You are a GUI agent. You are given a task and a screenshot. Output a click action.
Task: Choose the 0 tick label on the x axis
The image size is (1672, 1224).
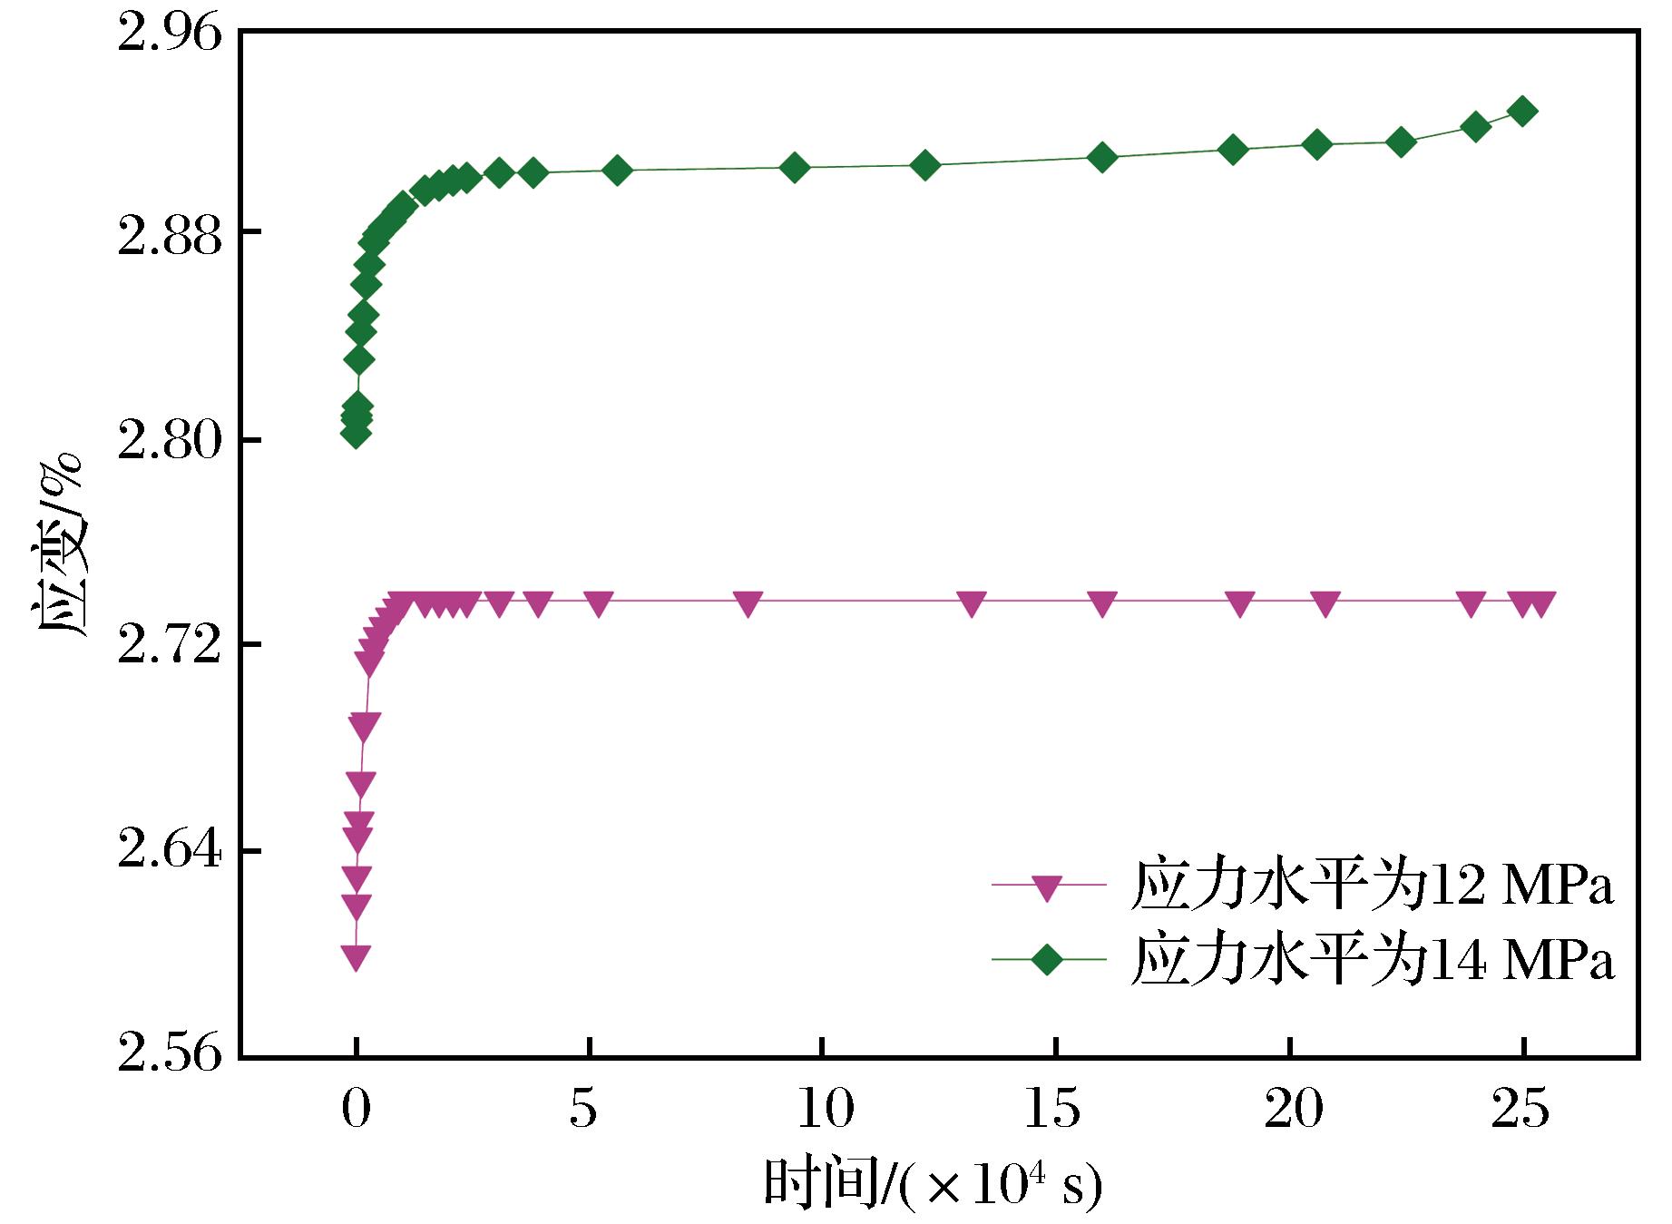(357, 1111)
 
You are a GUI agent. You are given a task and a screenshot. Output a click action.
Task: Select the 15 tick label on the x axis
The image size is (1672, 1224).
(1055, 1111)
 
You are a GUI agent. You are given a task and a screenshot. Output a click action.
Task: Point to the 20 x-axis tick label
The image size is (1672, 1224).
(1289, 1111)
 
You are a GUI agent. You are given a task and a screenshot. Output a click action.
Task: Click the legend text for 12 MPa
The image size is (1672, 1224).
(1372, 885)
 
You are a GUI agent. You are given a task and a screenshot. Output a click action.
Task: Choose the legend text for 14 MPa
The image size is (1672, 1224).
(1372, 960)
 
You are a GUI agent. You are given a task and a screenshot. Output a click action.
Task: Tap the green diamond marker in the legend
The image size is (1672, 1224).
(1048, 959)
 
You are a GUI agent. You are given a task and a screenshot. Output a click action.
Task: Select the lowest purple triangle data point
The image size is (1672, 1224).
(356, 956)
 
